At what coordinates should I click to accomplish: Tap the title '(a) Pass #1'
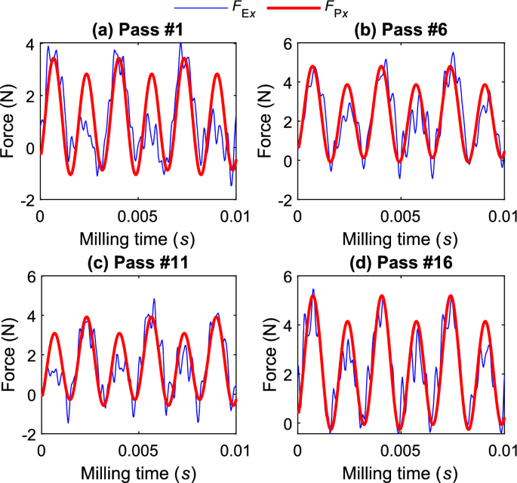137,30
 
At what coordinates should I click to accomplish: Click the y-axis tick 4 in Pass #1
29,44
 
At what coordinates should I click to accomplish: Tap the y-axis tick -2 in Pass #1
27,200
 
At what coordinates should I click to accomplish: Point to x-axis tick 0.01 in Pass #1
234,215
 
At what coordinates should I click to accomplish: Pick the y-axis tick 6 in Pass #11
29,277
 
